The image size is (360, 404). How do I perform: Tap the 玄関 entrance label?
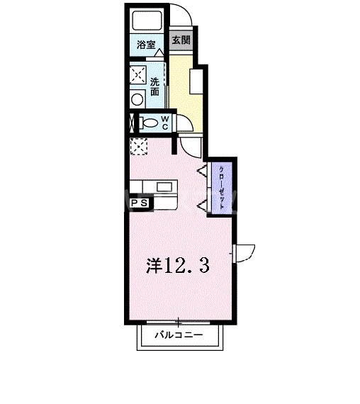click(181, 40)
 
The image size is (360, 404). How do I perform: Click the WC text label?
click(164, 122)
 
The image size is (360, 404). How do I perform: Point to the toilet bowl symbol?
click(149, 123)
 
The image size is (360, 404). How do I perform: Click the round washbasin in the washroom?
click(137, 100)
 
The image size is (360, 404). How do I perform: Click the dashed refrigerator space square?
click(137, 146)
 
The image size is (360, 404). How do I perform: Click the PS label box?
click(138, 203)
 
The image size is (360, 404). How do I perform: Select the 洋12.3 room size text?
click(177, 266)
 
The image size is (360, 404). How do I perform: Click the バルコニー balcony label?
click(179, 335)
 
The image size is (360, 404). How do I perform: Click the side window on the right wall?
click(245, 251)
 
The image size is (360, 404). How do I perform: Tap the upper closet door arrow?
click(202, 170)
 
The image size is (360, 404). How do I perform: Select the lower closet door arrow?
click(202, 205)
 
